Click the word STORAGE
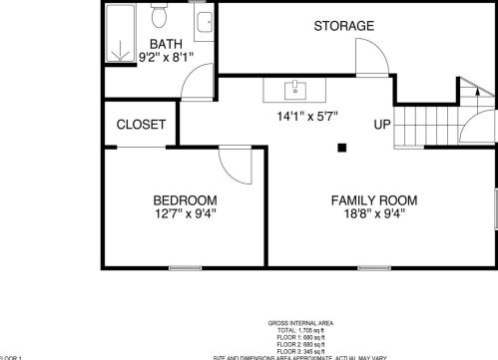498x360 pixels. pyautogui.click(x=343, y=25)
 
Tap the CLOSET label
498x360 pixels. pyautogui.click(x=141, y=125)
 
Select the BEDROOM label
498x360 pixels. pyautogui.click(x=185, y=199)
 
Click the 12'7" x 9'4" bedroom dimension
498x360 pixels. pyautogui.click(x=185, y=212)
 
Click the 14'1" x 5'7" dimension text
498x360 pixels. pyautogui.click(x=307, y=116)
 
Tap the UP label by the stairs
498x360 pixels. pyautogui.click(x=381, y=125)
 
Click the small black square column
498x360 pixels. pyautogui.click(x=341, y=149)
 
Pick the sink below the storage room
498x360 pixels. pyautogui.click(x=295, y=92)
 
